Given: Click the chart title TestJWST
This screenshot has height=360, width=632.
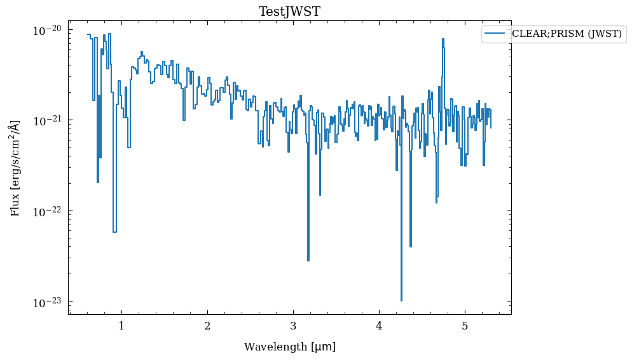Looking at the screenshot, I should coord(290,11).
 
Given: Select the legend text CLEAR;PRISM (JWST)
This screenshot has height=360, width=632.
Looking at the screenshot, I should coord(567,34).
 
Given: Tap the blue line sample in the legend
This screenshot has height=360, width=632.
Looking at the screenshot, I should coord(494,34).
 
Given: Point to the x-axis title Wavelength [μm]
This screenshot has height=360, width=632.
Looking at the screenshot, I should coord(290,347).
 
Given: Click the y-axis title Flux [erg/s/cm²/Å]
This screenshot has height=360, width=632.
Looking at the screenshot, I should coord(15,168).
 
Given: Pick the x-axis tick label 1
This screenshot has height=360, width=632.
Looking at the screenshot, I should coord(121,326).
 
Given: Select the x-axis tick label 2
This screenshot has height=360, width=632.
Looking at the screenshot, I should coord(207,326).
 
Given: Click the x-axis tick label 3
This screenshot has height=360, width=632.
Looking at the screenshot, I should coord(293,326).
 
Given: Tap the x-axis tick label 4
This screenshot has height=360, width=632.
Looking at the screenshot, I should coord(379,326).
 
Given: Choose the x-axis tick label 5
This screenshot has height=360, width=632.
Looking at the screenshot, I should coord(465,326).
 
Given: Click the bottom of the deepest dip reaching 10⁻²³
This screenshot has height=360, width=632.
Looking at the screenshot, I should coord(401,300).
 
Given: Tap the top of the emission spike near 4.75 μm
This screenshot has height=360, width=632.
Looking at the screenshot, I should coord(443,39).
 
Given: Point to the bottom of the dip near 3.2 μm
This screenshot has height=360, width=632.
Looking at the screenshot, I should coord(308,260).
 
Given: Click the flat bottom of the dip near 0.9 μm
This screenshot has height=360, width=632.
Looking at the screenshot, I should coord(114,232).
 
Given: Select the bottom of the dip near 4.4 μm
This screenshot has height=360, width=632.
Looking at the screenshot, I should coord(411,246).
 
